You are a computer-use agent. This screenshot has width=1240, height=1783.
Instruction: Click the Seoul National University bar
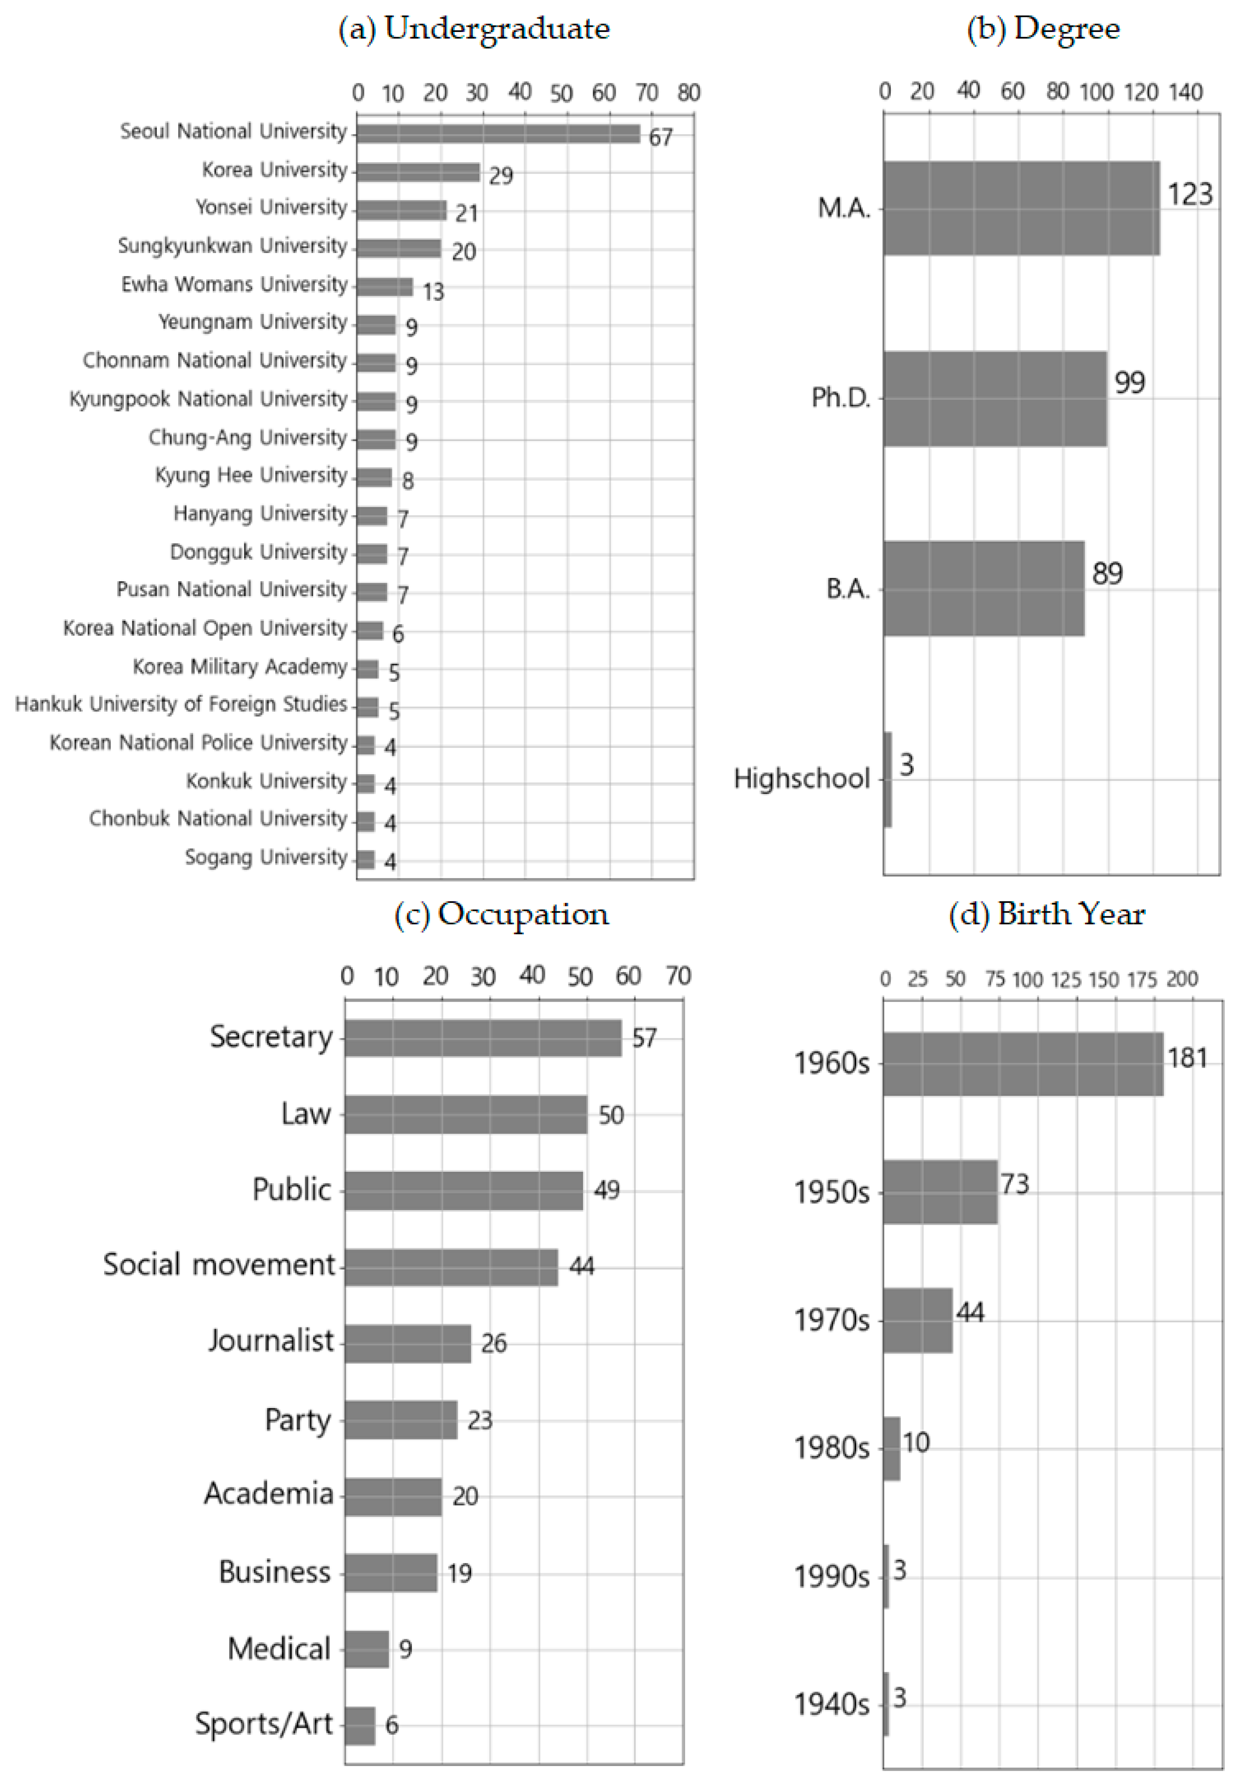498,134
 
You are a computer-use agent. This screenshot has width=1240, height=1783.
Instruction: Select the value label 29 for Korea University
501,176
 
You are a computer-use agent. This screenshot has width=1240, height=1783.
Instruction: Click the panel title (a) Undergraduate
474,29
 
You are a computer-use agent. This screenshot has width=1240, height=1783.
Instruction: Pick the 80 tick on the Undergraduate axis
689,93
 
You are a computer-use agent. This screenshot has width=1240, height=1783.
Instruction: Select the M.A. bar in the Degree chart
1021,208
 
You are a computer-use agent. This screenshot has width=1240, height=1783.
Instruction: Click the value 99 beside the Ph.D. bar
1130,382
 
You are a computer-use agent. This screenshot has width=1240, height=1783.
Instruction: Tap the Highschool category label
801,778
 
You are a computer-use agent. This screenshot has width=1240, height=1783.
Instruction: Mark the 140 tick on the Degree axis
1186,92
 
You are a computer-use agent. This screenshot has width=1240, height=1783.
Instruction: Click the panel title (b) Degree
1043,29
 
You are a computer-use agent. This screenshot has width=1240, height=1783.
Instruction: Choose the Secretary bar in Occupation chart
483,1037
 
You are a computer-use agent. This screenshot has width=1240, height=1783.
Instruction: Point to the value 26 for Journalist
494,1343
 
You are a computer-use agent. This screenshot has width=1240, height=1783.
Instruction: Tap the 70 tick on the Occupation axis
678,976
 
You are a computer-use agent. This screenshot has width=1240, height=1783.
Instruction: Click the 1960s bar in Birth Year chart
1023,1064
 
